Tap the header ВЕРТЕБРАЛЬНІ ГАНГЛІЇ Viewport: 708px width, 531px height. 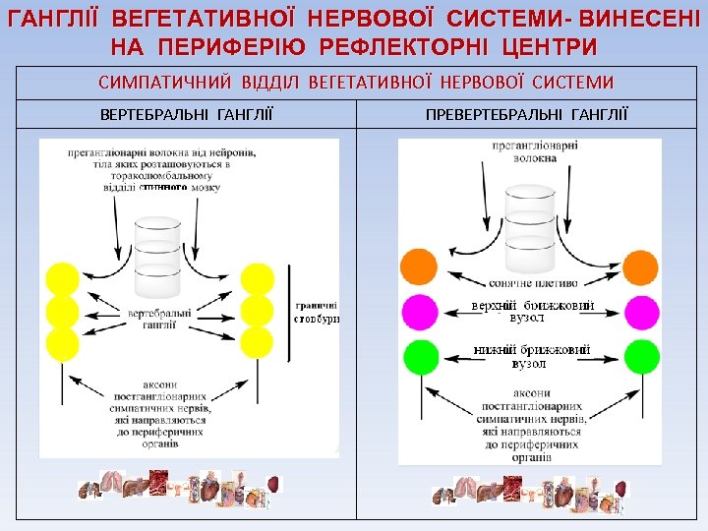187,115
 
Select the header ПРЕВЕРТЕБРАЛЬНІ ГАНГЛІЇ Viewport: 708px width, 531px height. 527,115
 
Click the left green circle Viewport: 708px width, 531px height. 419,355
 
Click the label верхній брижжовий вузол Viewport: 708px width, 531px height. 532,312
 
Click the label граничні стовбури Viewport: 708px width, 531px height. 316,312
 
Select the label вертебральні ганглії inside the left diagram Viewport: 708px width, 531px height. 158,318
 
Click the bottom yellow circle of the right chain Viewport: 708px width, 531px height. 257,342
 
